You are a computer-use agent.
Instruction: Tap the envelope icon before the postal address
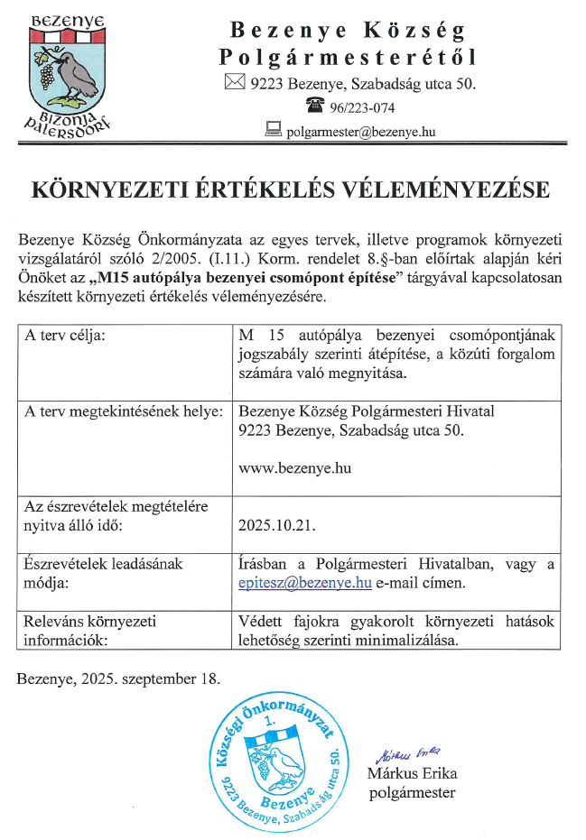point(234,84)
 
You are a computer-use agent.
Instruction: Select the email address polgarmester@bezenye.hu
point(361,132)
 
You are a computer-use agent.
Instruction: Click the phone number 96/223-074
point(362,109)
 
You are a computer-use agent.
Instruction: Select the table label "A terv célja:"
point(66,336)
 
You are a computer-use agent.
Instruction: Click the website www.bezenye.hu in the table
point(294,468)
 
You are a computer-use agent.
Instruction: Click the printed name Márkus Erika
point(412,773)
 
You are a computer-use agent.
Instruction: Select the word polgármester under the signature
point(413,793)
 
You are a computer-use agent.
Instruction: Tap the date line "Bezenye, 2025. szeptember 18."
point(118,676)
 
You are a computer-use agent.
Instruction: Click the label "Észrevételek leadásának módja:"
point(104,573)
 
